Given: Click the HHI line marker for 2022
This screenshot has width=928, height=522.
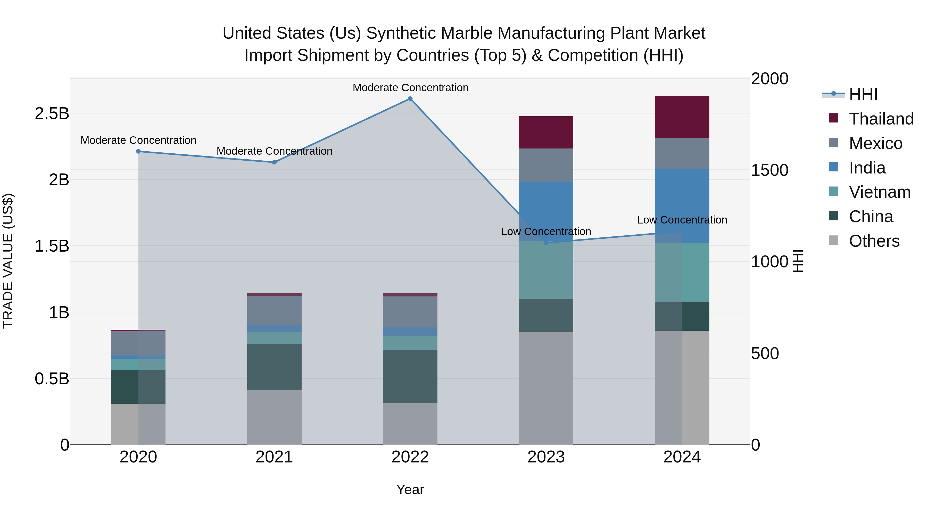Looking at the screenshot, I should pyautogui.click(x=410, y=99).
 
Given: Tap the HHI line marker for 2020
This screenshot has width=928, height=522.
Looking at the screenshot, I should pyautogui.click(x=138, y=151).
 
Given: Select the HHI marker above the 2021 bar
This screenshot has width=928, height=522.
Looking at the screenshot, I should pyautogui.click(x=274, y=162).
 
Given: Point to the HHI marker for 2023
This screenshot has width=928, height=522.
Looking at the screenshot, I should pyautogui.click(x=546, y=243).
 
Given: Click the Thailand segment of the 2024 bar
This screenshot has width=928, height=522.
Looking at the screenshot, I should pyautogui.click(x=682, y=117).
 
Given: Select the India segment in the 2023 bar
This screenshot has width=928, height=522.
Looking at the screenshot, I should pyautogui.click(x=546, y=211).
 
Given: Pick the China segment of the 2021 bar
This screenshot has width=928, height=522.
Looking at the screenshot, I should pyautogui.click(x=274, y=367).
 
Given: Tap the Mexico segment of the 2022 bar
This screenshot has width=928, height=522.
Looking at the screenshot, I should pyautogui.click(x=410, y=312).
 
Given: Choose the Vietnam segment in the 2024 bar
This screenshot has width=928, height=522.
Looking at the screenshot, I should pyautogui.click(x=682, y=272).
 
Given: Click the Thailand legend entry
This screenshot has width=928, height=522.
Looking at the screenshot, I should pyautogui.click(x=881, y=119).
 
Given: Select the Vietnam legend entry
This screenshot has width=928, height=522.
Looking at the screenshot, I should pyautogui.click(x=879, y=192).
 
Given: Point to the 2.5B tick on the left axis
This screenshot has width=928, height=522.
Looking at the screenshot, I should pyautogui.click(x=52, y=113).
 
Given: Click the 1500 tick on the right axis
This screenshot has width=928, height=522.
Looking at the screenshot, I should pyautogui.click(x=769, y=170).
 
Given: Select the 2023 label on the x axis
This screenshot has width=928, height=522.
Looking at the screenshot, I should pyautogui.click(x=546, y=457).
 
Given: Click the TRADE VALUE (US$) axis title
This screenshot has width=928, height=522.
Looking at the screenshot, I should pyautogui.click(x=8, y=261).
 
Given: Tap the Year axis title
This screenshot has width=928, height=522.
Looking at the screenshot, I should pyautogui.click(x=410, y=490).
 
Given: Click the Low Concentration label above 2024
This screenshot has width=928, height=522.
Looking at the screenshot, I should pyautogui.click(x=682, y=220).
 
